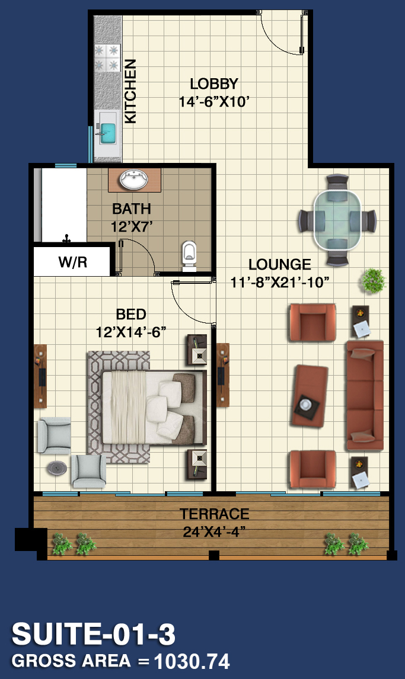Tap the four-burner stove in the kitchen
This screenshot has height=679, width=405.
click(107, 58)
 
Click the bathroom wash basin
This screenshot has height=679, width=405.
click(134, 180)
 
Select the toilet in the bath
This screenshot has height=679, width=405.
click(189, 256)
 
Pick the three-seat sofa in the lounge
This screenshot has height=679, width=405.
click(365, 395)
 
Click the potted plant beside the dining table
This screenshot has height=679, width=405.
click(374, 280)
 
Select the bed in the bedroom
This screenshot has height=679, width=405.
click(154, 408)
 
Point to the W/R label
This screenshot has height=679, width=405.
click(73, 262)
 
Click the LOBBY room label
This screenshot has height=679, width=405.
click(214, 84)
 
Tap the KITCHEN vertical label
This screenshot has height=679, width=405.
click(130, 91)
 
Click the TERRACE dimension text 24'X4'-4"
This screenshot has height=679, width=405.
click(214, 531)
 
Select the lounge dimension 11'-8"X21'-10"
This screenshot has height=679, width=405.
click(279, 283)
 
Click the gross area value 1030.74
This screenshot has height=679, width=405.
click(192, 661)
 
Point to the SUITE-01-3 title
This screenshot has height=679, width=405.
click(94, 634)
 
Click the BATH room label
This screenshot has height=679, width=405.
click(132, 209)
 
